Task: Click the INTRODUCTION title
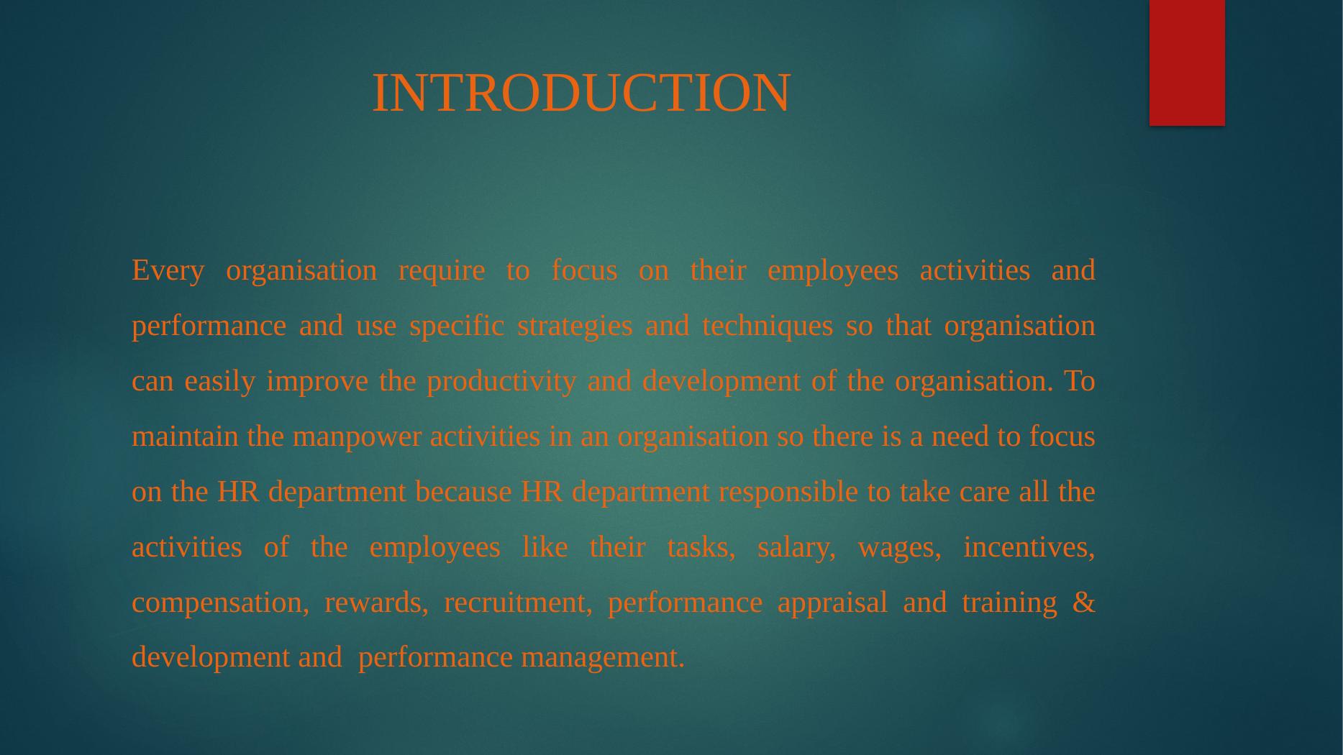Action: click(581, 93)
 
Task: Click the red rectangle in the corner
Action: click(1187, 63)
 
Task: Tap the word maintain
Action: click(185, 436)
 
